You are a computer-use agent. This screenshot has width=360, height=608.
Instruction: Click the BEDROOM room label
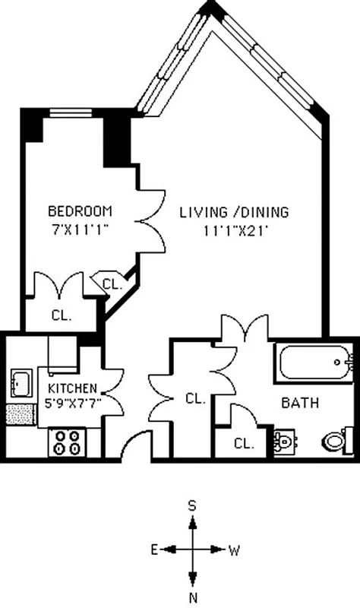(80, 211)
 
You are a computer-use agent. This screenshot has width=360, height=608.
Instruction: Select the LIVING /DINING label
(234, 211)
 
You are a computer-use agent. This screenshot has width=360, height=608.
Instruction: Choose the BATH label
(300, 402)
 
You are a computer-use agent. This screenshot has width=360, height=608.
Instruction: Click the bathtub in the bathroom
(315, 364)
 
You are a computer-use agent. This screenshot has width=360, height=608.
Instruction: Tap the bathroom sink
(284, 442)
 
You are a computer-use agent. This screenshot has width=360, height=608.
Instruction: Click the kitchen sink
(21, 382)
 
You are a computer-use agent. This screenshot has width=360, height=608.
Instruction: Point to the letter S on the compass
(193, 505)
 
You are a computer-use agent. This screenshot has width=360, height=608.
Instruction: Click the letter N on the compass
(193, 597)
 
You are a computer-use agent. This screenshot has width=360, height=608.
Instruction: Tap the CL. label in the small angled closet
(112, 285)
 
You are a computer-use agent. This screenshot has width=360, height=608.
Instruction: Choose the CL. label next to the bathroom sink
(243, 443)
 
